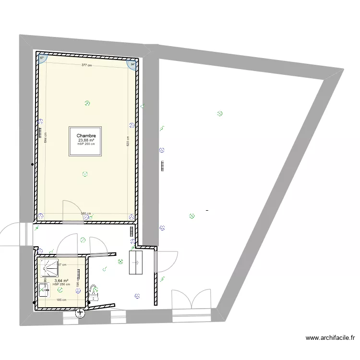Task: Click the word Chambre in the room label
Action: (x=86, y=136)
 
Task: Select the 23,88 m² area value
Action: (x=86, y=140)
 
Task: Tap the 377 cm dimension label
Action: (x=86, y=65)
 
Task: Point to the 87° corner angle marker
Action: (x=42, y=58)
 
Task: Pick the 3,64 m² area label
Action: (x=61, y=281)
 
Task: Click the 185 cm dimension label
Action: (x=61, y=300)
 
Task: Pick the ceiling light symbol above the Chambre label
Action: (x=87, y=103)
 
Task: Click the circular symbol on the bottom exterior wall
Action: (x=80, y=313)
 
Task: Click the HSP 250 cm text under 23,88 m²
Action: (x=86, y=144)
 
